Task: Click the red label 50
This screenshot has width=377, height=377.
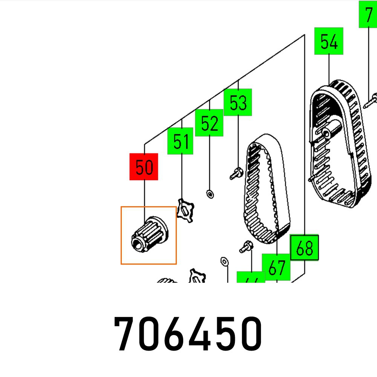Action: tap(144, 167)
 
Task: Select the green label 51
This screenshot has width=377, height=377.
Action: tap(180, 141)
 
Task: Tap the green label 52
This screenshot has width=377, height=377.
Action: tap(209, 123)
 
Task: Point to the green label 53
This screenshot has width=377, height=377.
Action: tap(238, 103)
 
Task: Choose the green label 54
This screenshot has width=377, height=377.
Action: tap(329, 41)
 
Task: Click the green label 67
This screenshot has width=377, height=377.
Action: tap(276, 267)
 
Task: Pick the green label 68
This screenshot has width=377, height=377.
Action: tap(304, 248)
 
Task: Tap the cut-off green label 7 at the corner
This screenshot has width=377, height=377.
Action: tap(368, 14)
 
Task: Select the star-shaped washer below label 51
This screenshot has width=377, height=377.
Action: tap(185, 210)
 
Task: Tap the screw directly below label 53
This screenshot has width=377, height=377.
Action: tap(236, 174)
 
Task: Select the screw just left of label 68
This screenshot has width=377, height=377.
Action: tap(246, 247)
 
